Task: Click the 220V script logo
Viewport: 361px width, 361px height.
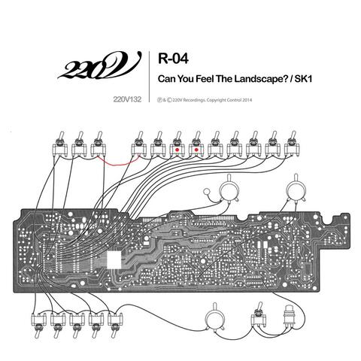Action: [100, 66]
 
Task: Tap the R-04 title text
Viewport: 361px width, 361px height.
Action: [173, 59]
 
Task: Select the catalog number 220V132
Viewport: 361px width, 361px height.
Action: [127, 99]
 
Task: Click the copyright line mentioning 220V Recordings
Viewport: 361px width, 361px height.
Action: [205, 100]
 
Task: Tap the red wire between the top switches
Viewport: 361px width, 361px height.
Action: [118, 162]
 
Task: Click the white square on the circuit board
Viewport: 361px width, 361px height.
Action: [114, 259]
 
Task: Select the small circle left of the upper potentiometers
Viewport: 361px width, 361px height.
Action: [207, 192]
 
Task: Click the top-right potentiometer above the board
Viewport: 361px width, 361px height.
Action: [296, 189]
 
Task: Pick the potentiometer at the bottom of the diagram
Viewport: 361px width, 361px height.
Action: [215, 319]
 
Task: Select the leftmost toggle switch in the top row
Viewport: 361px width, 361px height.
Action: [60, 144]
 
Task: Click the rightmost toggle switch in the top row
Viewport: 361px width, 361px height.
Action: [292, 144]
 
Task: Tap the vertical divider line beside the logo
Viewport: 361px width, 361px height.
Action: [150, 77]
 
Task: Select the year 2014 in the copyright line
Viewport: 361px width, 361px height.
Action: [247, 100]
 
